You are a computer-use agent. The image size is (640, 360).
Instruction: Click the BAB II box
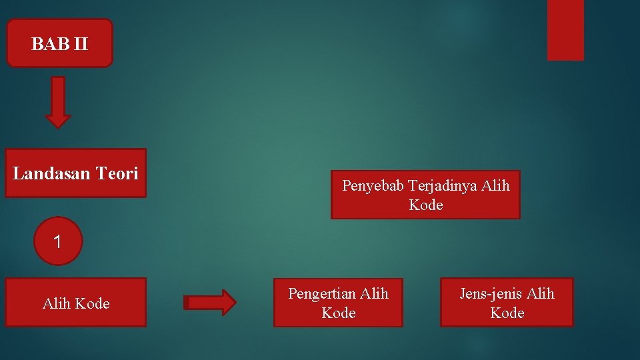click(59, 43)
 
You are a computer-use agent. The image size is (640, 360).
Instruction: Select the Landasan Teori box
click(75, 173)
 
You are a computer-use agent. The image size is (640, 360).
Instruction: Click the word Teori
click(117, 174)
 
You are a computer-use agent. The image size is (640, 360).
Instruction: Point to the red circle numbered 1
click(58, 241)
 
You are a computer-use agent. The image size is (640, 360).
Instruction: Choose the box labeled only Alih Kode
click(75, 303)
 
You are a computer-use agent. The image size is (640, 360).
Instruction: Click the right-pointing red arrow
click(210, 303)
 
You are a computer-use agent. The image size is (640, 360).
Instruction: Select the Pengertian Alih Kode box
click(338, 303)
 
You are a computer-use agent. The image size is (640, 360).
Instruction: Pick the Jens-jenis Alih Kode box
click(507, 303)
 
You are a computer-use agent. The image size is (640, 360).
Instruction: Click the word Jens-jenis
click(491, 293)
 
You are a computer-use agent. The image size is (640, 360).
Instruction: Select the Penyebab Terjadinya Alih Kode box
click(425, 195)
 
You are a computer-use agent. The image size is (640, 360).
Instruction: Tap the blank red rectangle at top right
click(565, 30)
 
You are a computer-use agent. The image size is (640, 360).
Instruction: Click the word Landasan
click(51, 174)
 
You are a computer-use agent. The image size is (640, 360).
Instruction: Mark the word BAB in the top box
click(50, 45)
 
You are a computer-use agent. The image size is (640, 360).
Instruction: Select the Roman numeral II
click(80, 45)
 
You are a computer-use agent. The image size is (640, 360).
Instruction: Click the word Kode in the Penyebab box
click(426, 205)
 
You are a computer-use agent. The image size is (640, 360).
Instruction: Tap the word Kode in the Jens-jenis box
click(507, 313)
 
